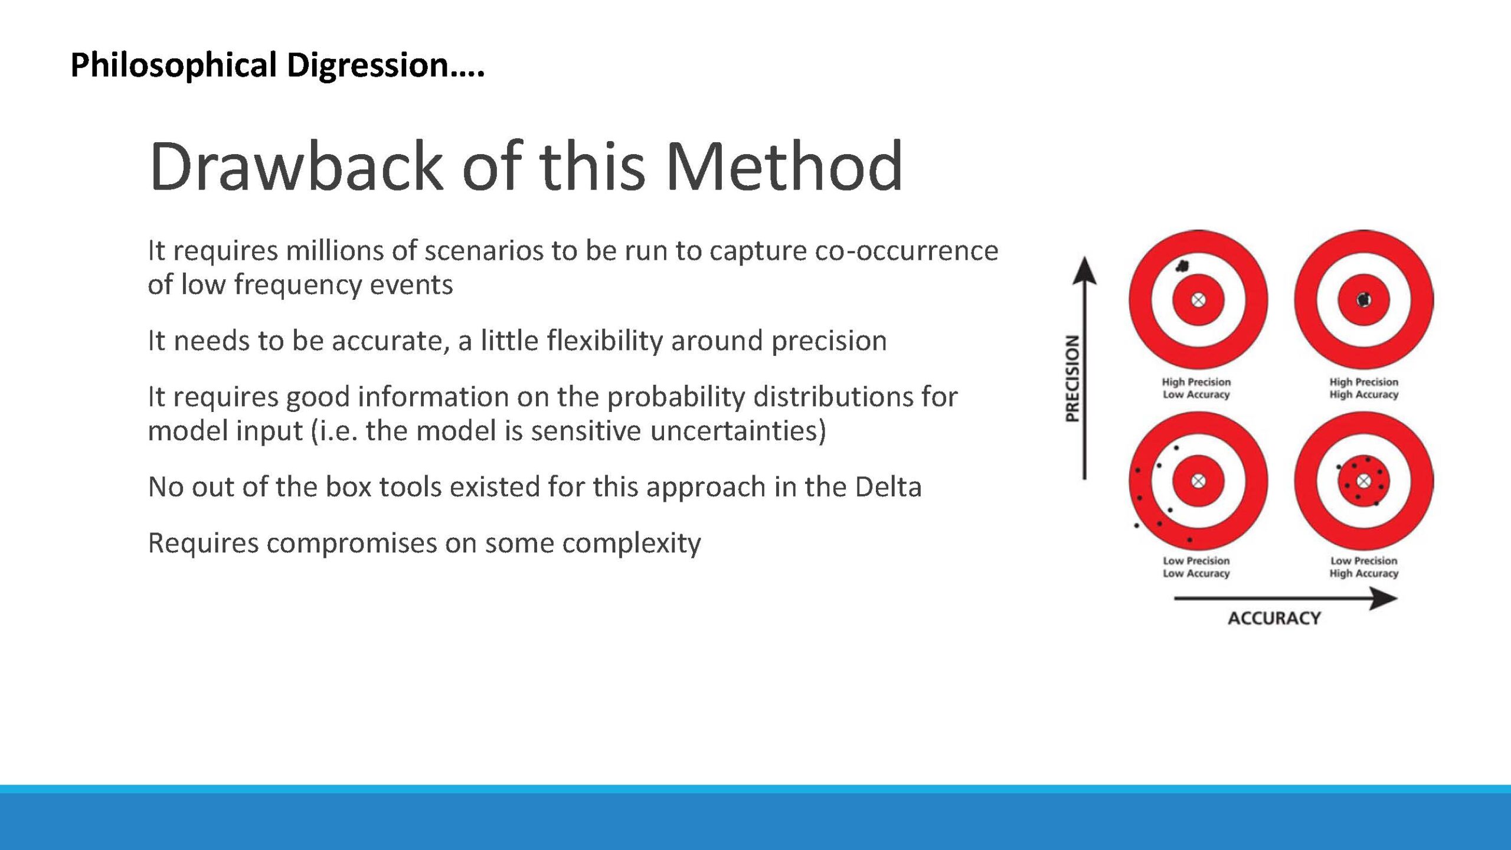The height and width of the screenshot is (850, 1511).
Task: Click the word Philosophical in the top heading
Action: click(x=174, y=65)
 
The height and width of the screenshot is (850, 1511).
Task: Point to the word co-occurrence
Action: click(x=907, y=251)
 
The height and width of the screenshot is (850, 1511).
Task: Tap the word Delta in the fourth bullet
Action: click(x=888, y=487)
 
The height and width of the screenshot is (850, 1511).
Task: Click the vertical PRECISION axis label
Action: click(x=1072, y=378)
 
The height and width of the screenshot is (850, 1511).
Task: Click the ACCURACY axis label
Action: click(x=1274, y=618)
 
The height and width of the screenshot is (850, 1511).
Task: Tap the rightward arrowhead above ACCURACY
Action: click(x=1384, y=599)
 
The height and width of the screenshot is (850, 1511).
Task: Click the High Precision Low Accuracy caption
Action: click(x=1196, y=388)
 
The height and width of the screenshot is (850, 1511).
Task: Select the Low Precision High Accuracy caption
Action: click(x=1363, y=567)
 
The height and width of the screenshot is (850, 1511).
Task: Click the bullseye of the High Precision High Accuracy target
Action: click(x=1363, y=300)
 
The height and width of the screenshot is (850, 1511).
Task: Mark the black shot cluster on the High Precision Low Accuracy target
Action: click(x=1182, y=266)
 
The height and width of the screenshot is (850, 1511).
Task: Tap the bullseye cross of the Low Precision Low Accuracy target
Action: click(x=1198, y=481)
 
